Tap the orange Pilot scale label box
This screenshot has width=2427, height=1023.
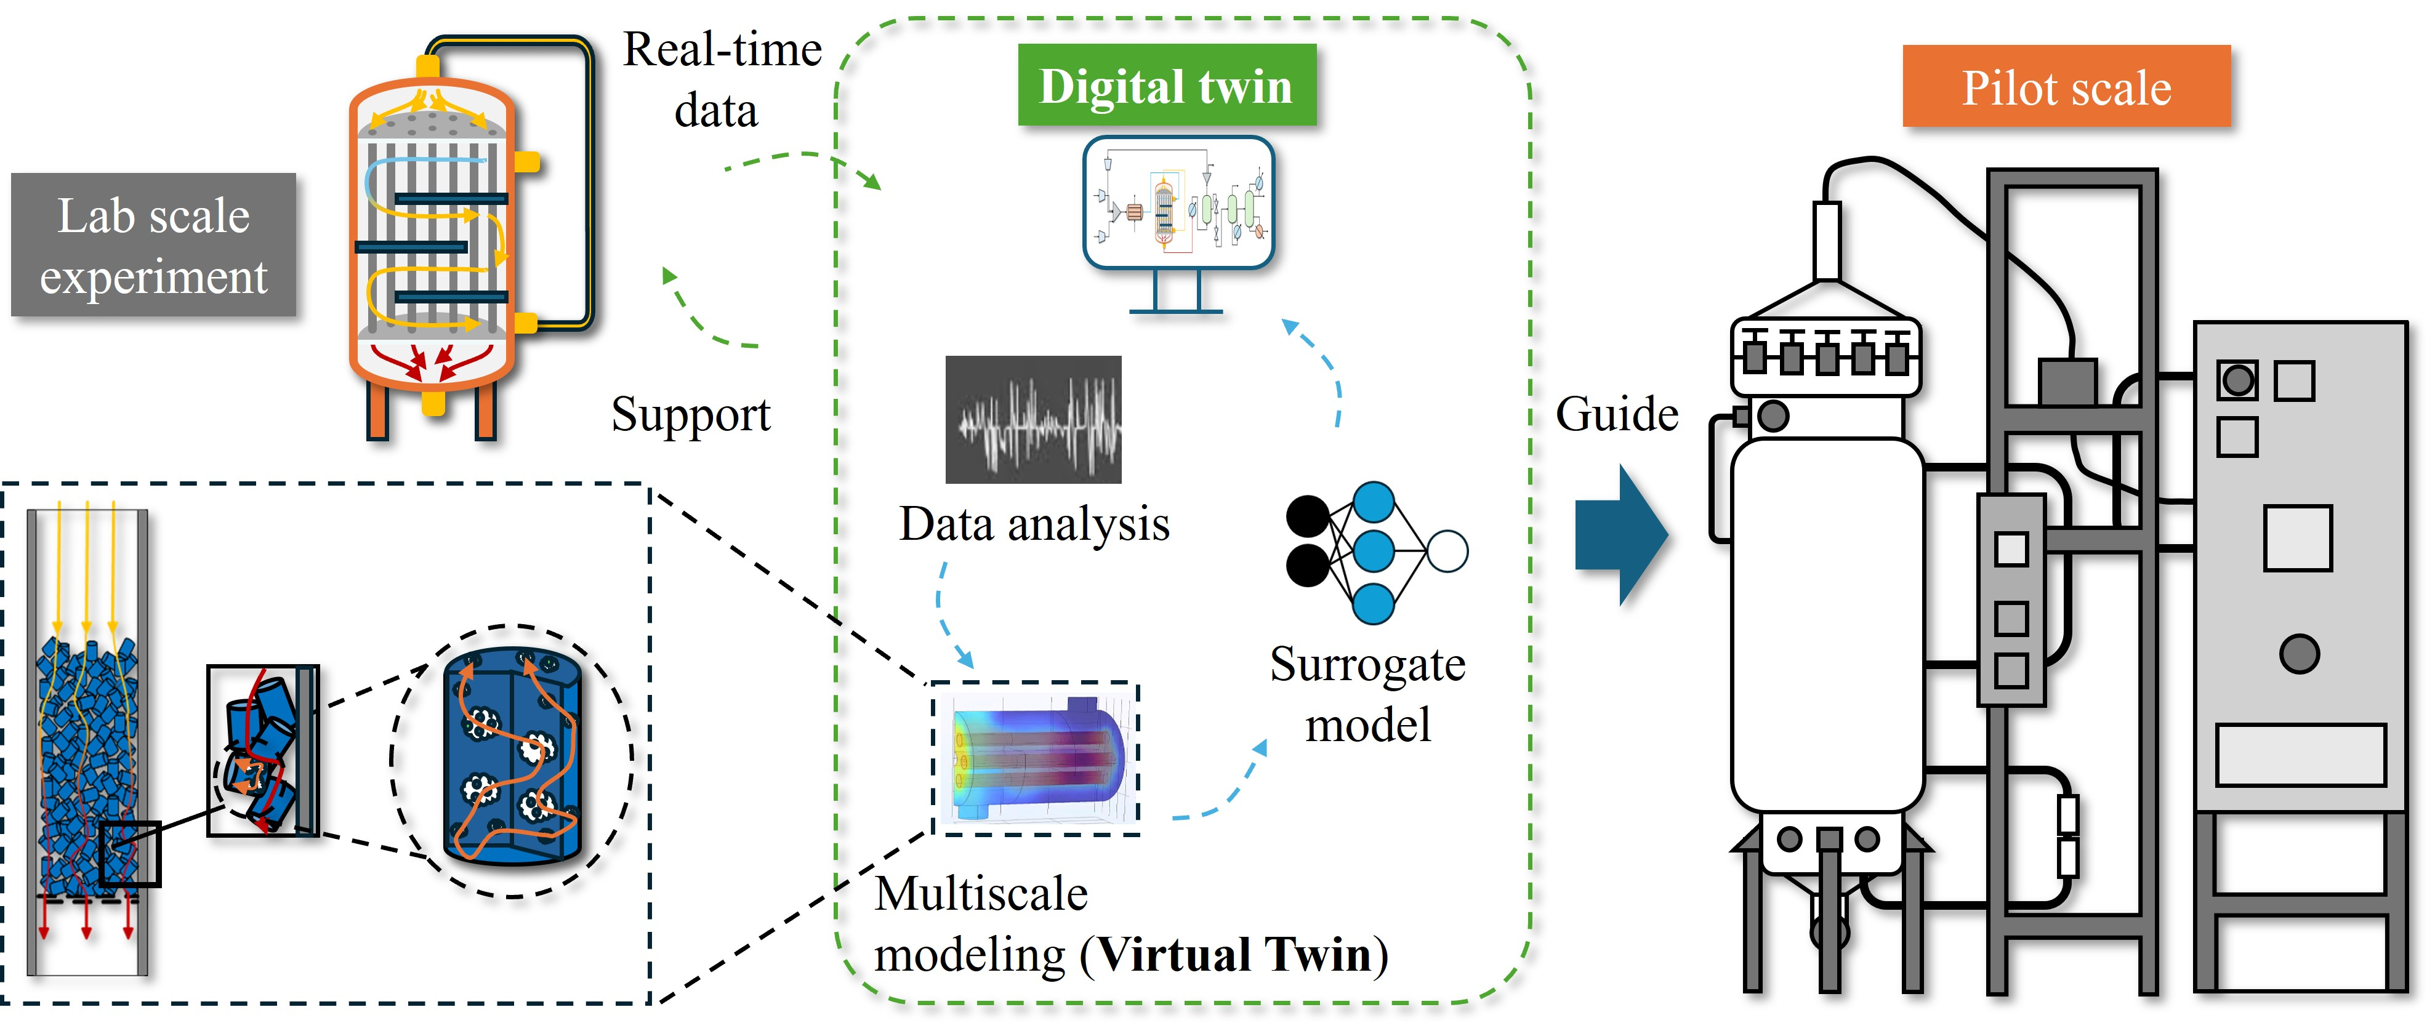[x=2066, y=87]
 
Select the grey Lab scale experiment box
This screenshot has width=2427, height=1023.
[x=153, y=245]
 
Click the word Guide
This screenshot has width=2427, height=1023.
[x=1617, y=414]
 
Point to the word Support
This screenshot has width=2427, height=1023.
[x=691, y=414]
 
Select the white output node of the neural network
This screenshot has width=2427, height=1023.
[x=1447, y=551]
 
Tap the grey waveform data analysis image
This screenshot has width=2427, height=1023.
[x=1034, y=419]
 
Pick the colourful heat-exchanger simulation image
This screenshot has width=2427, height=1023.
[x=1036, y=758]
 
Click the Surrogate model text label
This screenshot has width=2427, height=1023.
[x=1367, y=694]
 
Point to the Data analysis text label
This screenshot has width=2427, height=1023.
[x=1034, y=524]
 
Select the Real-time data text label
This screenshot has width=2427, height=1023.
[x=721, y=80]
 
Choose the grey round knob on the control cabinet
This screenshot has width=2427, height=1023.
[x=2299, y=654]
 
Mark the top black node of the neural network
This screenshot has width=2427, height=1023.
[x=1308, y=516]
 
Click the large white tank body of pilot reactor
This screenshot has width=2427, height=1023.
[x=1826, y=622]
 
